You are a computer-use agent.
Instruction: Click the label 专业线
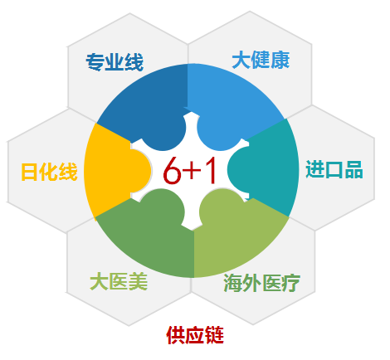[115, 62]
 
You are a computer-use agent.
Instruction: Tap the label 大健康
[261, 60]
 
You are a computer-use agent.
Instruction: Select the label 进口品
[334, 169]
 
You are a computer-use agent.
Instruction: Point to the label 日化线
[49, 172]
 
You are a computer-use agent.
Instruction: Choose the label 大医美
[119, 282]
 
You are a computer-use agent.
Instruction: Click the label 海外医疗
[261, 283]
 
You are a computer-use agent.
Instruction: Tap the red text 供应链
[195, 335]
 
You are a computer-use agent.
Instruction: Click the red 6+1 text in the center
[189, 171]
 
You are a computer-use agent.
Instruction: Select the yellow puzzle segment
[110, 171]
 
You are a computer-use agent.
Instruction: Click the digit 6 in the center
[172, 171]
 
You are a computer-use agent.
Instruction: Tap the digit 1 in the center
[210, 170]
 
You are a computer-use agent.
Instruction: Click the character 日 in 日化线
[30, 172]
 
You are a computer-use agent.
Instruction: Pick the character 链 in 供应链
[214, 335]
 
